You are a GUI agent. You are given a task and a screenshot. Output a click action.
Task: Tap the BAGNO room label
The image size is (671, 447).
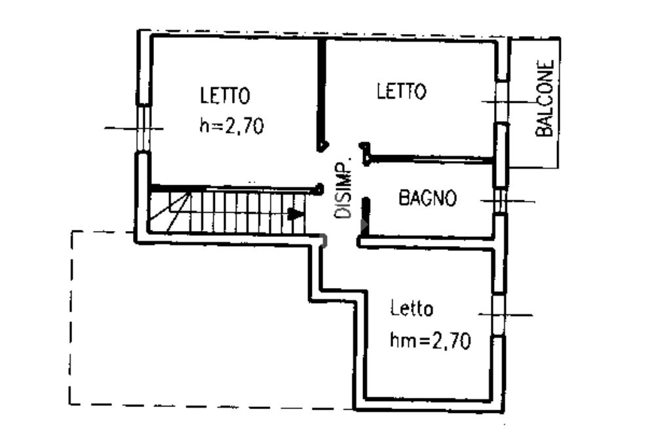[x=427, y=198]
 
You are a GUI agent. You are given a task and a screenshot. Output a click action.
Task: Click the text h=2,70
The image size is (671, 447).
[x=231, y=125]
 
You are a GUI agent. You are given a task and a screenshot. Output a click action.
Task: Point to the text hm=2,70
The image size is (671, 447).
[x=430, y=340]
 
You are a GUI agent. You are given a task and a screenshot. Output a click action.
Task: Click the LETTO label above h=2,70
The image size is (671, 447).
[x=225, y=96]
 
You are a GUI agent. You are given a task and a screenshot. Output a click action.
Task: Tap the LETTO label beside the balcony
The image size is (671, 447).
[x=401, y=91]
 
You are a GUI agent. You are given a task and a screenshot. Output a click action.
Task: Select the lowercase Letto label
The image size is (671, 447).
[x=411, y=308]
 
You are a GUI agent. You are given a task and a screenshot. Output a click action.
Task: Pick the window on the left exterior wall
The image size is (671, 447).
[x=142, y=128]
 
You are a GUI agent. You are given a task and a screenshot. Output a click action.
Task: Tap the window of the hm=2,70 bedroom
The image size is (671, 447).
[x=499, y=314]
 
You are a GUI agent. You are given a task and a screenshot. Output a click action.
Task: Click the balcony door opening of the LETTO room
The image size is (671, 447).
[x=501, y=101]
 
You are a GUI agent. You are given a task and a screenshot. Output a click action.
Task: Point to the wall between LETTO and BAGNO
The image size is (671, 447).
[x=429, y=158]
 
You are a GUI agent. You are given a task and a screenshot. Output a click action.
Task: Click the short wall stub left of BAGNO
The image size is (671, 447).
[x=366, y=215]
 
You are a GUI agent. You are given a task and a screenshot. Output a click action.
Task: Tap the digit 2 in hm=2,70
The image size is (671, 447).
[x=436, y=340]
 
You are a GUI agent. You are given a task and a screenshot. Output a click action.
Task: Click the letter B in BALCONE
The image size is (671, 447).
[x=545, y=130]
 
